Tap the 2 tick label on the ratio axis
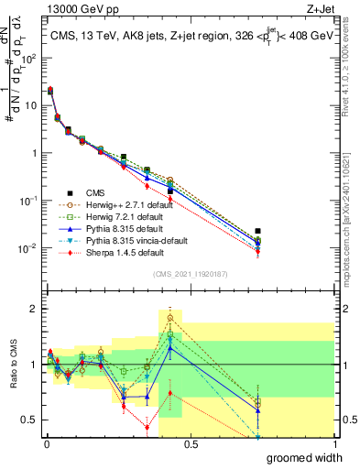34,309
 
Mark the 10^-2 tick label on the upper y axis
29,248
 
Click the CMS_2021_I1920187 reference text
189,274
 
